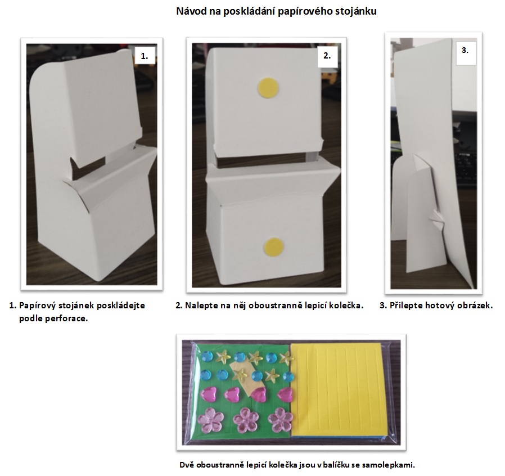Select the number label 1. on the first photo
(145, 56)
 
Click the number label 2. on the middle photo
(327, 56)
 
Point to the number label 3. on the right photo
(465, 50)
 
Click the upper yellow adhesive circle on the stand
(268, 88)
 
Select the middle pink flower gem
(246, 421)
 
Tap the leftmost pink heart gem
(209, 394)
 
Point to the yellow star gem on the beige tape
(241, 375)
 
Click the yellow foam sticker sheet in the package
(338, 390)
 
